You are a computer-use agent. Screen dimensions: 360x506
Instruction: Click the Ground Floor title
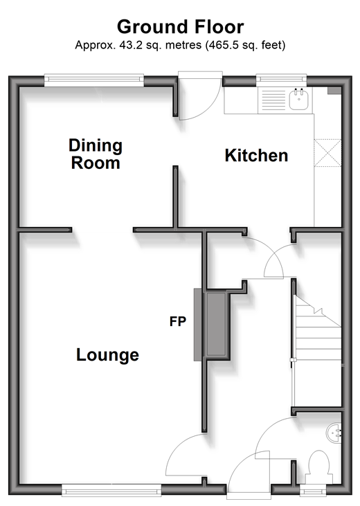point(180,27)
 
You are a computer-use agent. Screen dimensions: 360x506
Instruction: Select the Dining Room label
point(96,154)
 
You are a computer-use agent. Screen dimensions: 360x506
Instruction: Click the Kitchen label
point(256,155)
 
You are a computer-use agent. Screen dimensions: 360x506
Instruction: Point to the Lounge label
point(107,354)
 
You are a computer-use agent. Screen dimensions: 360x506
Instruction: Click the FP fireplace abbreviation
point(178,321)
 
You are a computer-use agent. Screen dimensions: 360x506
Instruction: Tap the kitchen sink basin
point(298,100)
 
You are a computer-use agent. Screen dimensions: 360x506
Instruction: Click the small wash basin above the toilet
point(334,433)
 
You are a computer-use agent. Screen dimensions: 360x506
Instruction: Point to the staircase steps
point(318,329)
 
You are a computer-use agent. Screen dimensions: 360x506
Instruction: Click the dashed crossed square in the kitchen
point(327,153)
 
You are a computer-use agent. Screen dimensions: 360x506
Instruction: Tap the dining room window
point(94,80)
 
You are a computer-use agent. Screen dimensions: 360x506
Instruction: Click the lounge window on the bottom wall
point(111,491)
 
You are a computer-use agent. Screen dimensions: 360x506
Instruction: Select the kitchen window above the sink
point(281,80)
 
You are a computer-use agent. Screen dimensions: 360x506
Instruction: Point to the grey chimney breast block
point(216,324)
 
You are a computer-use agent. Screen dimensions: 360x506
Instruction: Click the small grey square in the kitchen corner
point(334,91)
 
